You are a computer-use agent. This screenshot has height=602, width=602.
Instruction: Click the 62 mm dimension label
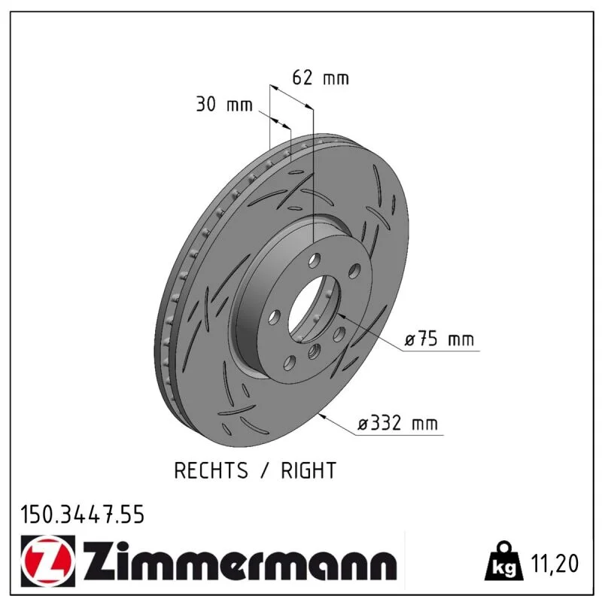(x=321, y=78)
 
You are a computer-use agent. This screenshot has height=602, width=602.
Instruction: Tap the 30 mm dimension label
(x=224, y=104)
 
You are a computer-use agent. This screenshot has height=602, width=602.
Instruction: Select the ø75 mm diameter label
(x=439, y=339)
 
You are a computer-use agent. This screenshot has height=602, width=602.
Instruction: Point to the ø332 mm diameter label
(x=398, y=424)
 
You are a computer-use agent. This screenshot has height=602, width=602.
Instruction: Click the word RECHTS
(x=211, y=470)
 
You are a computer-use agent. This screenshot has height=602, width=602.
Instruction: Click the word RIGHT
(x=309, y=470)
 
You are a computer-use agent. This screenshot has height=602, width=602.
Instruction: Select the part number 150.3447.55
(x=83, y=515)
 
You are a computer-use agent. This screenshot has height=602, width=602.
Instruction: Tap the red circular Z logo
(x=48, y=561)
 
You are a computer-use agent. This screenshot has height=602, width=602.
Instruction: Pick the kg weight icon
(x=503, y=561)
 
